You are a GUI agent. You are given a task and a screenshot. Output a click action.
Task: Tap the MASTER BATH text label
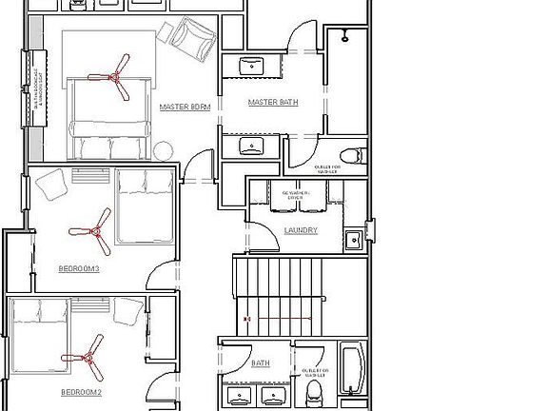tap(269, 102)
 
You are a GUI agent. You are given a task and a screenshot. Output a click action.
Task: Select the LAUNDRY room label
tap(300, 231)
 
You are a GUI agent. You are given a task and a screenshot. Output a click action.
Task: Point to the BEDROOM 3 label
tap(80, 269)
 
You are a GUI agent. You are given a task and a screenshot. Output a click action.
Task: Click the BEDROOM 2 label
tap(81, 391)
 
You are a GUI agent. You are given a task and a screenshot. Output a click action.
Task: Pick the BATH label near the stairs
tap(261, 363)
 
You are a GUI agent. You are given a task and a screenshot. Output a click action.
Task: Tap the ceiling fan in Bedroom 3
tap(90, 230)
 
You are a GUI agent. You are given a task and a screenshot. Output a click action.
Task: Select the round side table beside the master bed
tap(165, 150)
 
